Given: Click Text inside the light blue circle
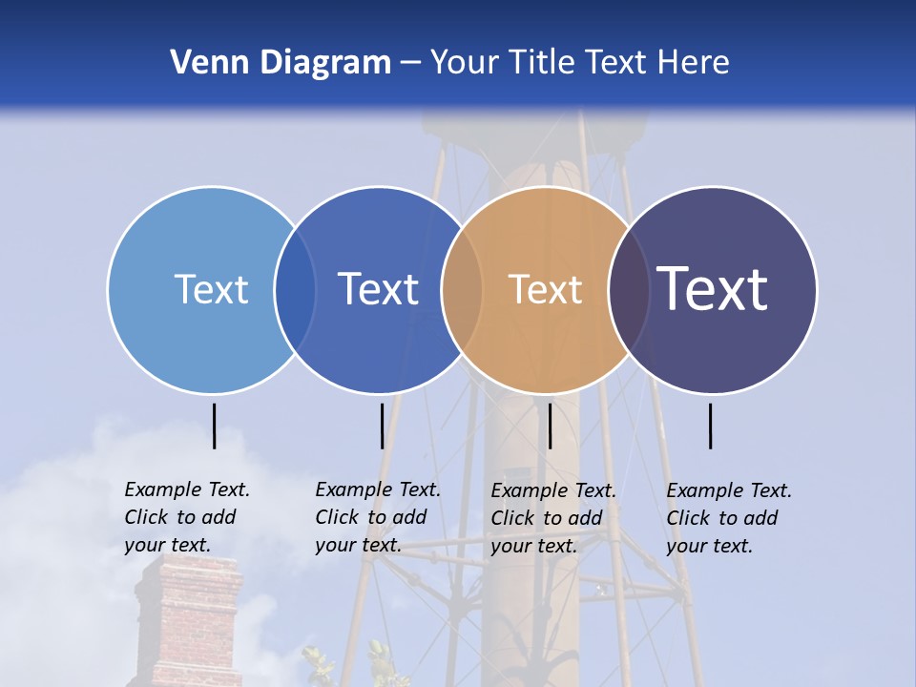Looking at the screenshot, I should click(x=211, y=289).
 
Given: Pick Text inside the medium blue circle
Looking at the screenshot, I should click(x=379, y=289).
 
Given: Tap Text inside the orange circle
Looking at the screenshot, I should click(x=545, y=289).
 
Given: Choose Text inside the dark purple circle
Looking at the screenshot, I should click(x=713, y=288).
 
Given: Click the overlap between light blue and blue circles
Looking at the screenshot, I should click(x=295, y=290).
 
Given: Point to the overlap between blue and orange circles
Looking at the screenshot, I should click(x=462, y=290).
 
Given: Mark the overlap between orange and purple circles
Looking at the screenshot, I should click(x=629, y=290).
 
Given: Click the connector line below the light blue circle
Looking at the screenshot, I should click(x=214, y=426).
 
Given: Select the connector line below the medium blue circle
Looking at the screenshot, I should click(x=382, y=426).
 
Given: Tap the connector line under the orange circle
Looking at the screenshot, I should click(x=550, y=426).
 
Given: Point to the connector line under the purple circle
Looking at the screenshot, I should click(x=710, y=426).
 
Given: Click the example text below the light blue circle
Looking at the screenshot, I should click(x=187, y=517).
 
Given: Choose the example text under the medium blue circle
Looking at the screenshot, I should click(x=378, y=517).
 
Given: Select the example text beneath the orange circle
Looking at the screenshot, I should click(x=553, y=518).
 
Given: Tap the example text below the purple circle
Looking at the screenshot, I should click(x=729, y=518).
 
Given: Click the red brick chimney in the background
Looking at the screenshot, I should click(x=188, y=620).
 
